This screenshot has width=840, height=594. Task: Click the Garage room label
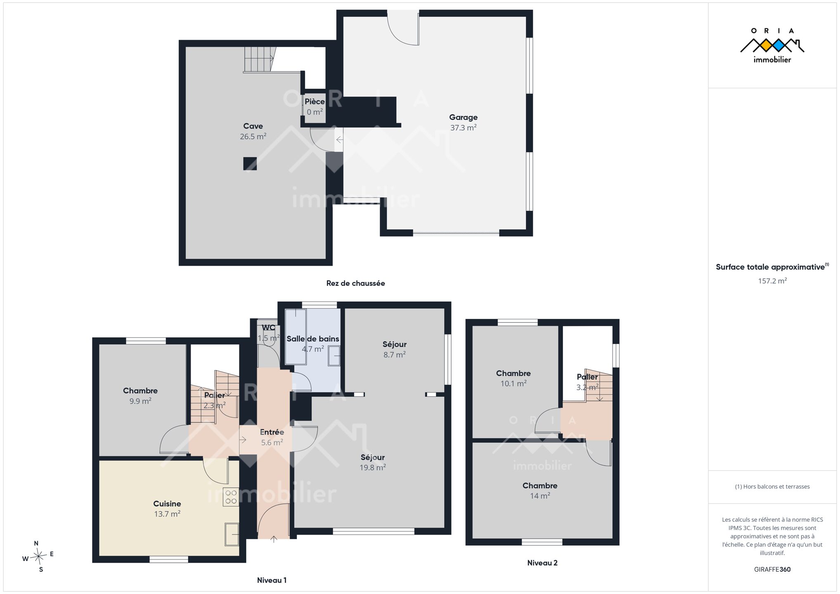[x=463, y=118]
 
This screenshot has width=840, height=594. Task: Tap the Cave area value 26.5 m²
[x=253, y=137]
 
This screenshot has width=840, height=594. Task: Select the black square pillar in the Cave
[x=250, y=164]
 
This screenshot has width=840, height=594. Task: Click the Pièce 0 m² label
[x=315, y=107]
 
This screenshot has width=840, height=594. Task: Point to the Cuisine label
[x=167, y=504]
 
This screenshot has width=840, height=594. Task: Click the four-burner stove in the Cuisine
[x=231, y=497]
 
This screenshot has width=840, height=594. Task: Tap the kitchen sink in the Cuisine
[x=232, y=534]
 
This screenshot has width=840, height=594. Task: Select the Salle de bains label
[x=313, y=339]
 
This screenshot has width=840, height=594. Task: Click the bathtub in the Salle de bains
[x=295, y=337]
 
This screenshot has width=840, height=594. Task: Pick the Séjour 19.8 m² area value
[x=373, y=468]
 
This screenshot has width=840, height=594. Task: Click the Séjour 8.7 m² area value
[x=395, y=355]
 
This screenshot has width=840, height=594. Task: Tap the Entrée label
[x=272, y=432]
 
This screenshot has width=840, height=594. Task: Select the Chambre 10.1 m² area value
[x=513, y=384]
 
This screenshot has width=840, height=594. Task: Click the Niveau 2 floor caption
[x=542, y=563]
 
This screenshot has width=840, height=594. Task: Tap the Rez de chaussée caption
[x=355, y=283]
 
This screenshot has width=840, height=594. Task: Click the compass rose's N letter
[x=36, y=543]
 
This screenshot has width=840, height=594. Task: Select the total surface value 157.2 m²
[x=772, y=281]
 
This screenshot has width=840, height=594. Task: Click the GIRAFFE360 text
[x=772, y=569]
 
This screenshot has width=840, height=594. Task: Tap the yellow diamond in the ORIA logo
[x=766, y=45]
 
